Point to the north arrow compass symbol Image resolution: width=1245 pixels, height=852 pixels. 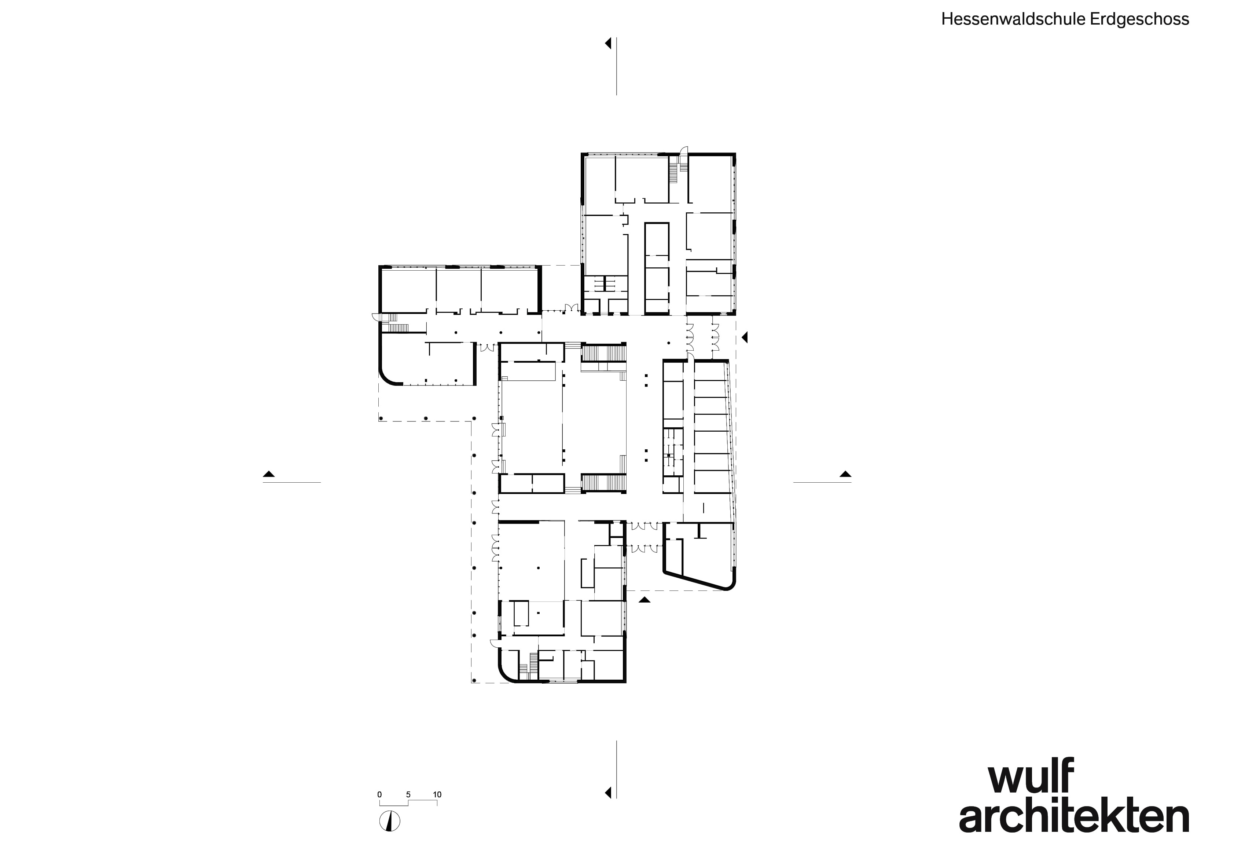pos(389,822)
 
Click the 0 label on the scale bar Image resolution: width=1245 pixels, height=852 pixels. pos(379,795)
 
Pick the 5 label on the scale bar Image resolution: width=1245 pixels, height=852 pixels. pos(408,795)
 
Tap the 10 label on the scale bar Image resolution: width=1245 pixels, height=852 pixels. pos(437,795)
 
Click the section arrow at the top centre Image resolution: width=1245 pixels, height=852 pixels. pos(608,43)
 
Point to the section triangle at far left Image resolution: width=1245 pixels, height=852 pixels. pos(269,474)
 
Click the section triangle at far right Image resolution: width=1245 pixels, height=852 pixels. pos(845,474)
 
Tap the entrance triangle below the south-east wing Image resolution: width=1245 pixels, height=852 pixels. pos(644,600)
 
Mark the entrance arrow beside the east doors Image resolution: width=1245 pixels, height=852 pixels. pos(744,337)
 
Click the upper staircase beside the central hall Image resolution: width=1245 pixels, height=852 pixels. pos(604,353)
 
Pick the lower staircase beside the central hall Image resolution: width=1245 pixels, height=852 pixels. pos(604,482)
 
